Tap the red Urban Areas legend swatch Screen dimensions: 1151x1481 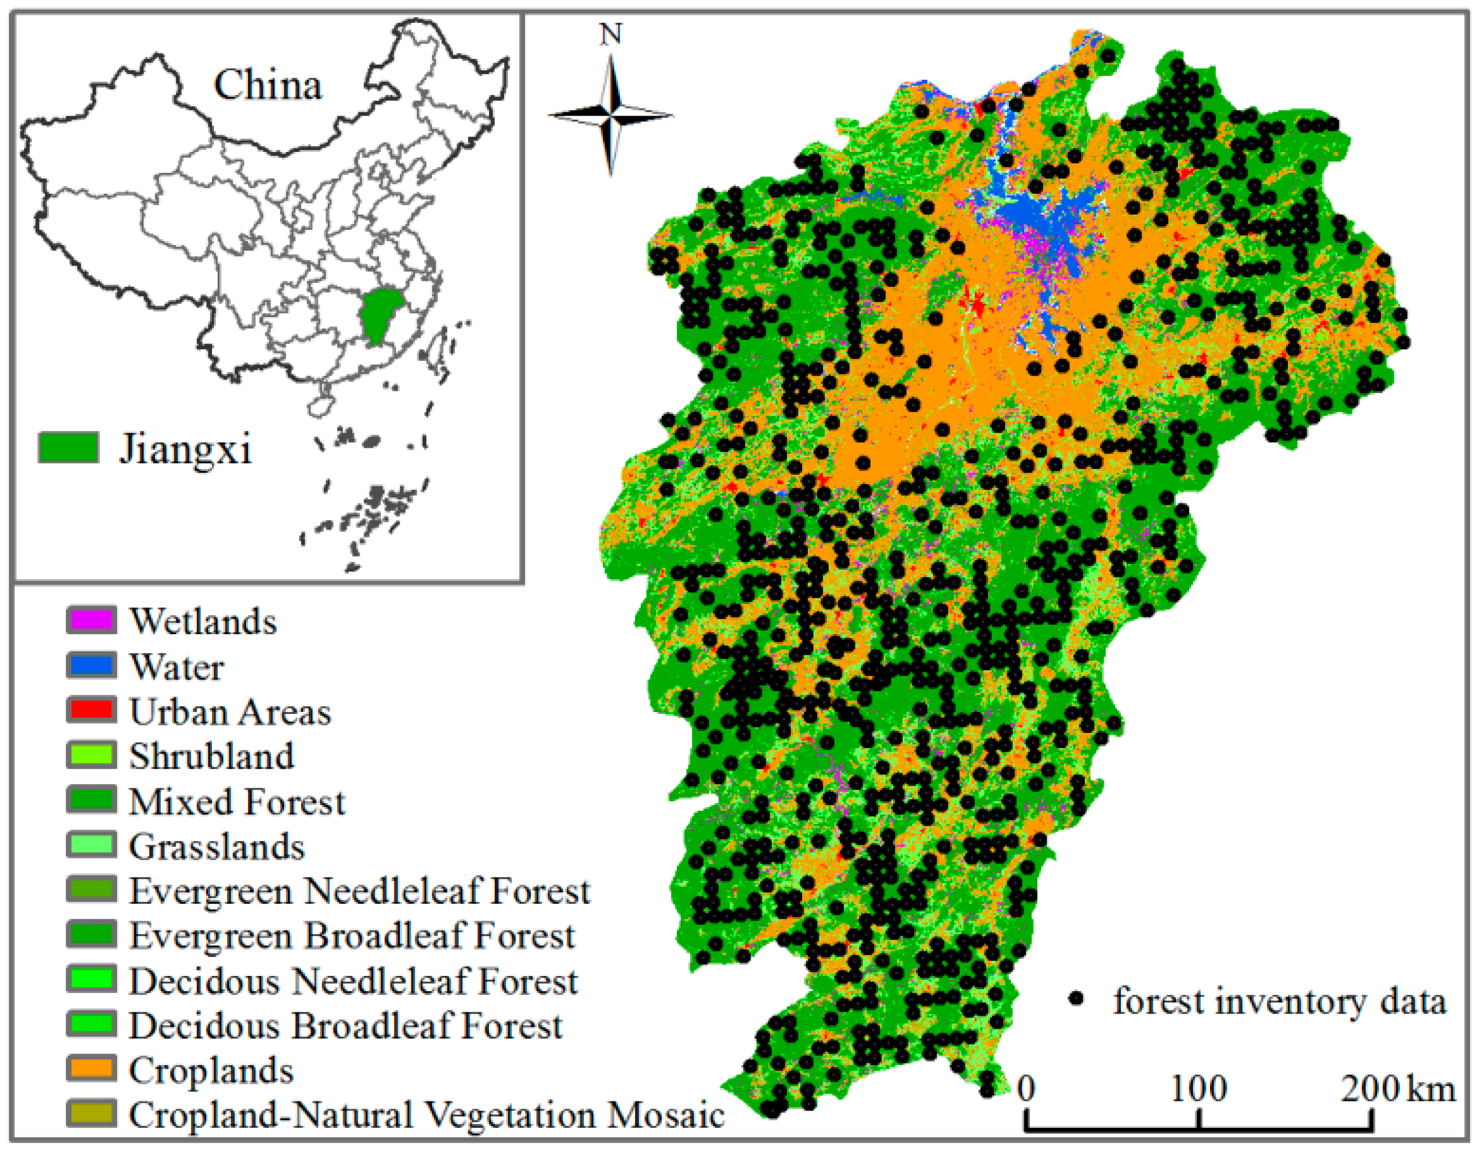tap(91, 710)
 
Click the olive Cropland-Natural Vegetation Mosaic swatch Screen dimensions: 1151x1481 tap(91, 1114)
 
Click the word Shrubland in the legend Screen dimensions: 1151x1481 tap(212, 756)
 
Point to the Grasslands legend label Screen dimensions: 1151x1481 tap(217, 847)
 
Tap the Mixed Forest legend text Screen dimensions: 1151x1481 tap(237, 802)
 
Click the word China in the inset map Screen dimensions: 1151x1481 tap(268, 86)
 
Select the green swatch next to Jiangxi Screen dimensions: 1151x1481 tap(68, 448)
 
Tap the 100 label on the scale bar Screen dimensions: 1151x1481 tap(1199, 1089)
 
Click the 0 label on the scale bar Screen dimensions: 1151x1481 tap(1027, 1089)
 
